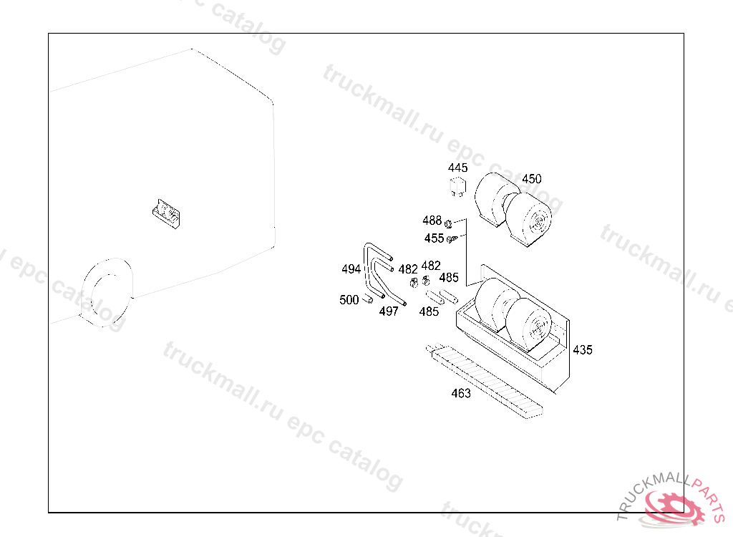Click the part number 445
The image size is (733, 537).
457,168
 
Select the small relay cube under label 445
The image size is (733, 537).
457,186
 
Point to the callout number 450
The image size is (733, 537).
532,179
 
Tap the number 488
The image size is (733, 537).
432,221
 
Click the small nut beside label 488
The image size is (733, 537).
448,224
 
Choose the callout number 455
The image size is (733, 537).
434,238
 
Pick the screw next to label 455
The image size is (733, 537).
452,239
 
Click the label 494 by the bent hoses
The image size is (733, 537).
351,269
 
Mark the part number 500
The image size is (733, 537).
349,300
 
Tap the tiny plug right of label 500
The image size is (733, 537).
369,299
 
